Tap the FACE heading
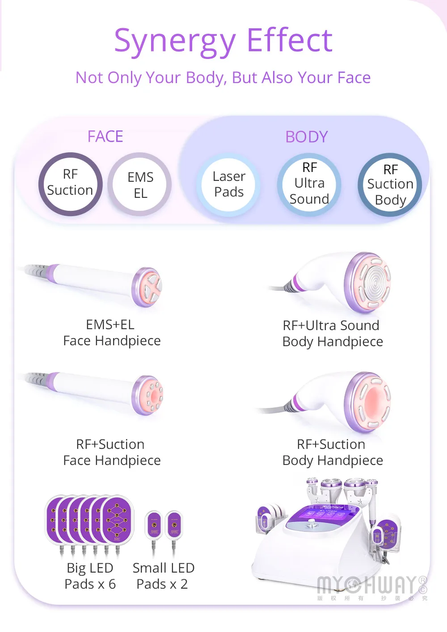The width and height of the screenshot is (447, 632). click(105, 136)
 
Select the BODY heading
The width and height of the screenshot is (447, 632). click(307, 137)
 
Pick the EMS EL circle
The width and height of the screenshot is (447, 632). click(140, 184)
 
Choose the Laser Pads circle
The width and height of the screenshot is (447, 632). click(229, 184)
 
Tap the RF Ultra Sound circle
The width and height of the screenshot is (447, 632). click(309, 184)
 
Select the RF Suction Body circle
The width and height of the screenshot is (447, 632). click(390, 185)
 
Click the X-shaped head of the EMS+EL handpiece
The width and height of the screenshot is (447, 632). click(148, 287)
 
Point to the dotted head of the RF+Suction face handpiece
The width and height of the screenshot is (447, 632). click(149, 395)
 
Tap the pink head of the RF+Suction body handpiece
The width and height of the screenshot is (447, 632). click(369, 402)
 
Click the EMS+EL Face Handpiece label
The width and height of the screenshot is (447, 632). click(112, 333)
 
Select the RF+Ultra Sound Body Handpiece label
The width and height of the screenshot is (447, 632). click(333, 334)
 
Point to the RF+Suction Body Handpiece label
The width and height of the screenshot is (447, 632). click(333, 452)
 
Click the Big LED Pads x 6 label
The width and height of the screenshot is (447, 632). click(90, 576)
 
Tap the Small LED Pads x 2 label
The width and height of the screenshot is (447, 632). click(163, 576)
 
